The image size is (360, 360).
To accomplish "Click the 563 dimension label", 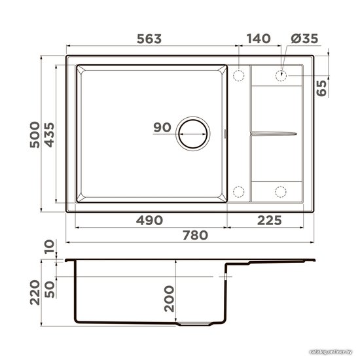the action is click(x=149, y=39).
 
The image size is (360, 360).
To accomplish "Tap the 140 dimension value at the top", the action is click(x=259, y=39).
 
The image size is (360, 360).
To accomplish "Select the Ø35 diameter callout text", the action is click(x=304, y=39).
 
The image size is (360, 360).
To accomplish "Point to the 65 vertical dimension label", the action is click(x=321, y=88).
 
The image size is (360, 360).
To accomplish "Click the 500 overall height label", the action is click(x=35, y=135).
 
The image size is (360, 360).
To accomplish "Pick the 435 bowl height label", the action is click(x=49, y=135).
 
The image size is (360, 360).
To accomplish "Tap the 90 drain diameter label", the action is click(x=162, y=128).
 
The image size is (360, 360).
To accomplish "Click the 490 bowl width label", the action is click(x=149, y=221).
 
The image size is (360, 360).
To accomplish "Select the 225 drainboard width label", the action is click(x=269, y=221).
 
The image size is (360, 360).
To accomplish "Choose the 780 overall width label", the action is click(x=196, y=236).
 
